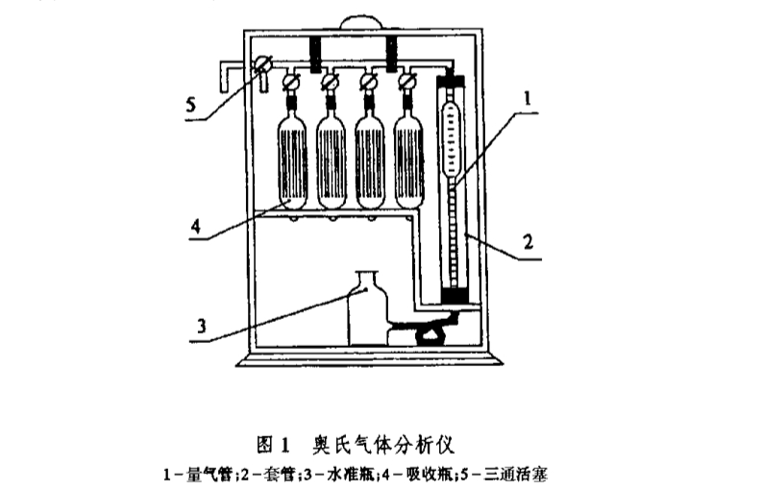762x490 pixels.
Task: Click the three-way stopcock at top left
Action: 260,67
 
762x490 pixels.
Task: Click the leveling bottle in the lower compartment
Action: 366,307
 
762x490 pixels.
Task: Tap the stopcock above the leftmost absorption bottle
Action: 289,84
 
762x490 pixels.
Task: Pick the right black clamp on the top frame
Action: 392,52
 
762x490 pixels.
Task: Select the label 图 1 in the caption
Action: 273,445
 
